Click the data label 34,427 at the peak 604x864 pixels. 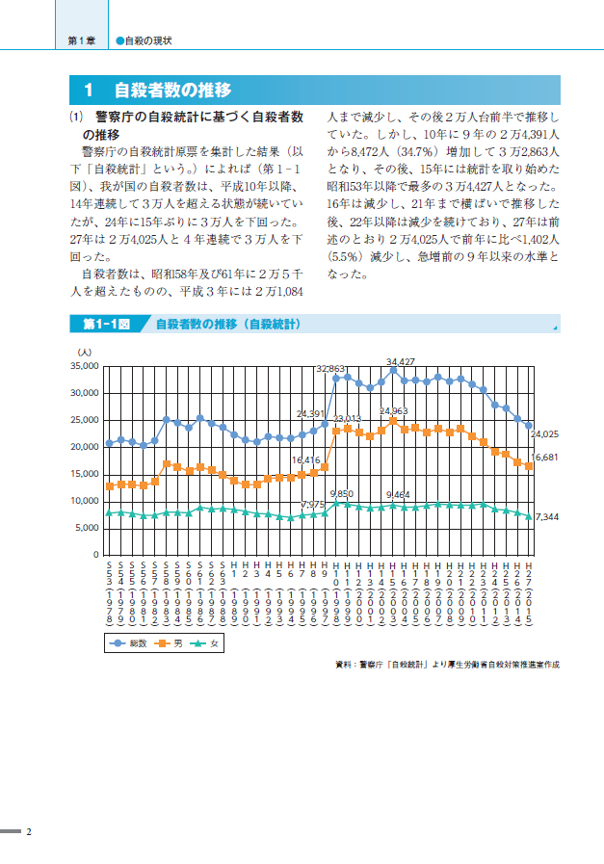click(401, 362)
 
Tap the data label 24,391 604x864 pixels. click(310, 413)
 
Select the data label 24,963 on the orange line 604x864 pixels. click(393, 411)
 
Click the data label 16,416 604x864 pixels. click(305, 460)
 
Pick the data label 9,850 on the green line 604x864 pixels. click(342, 493)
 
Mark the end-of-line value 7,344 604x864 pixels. click(546, 517)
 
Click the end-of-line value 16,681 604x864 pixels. click(546, 458)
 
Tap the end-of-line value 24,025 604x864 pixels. click(546, 433)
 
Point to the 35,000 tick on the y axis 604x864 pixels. click(85, 366)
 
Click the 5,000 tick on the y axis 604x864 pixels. click(88, 528)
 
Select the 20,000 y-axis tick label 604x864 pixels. click(85, 447)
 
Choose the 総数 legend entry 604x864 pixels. click(131, 642)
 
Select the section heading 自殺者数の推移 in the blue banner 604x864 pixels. click(172, 91)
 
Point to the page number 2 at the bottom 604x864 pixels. click(29, 831)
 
